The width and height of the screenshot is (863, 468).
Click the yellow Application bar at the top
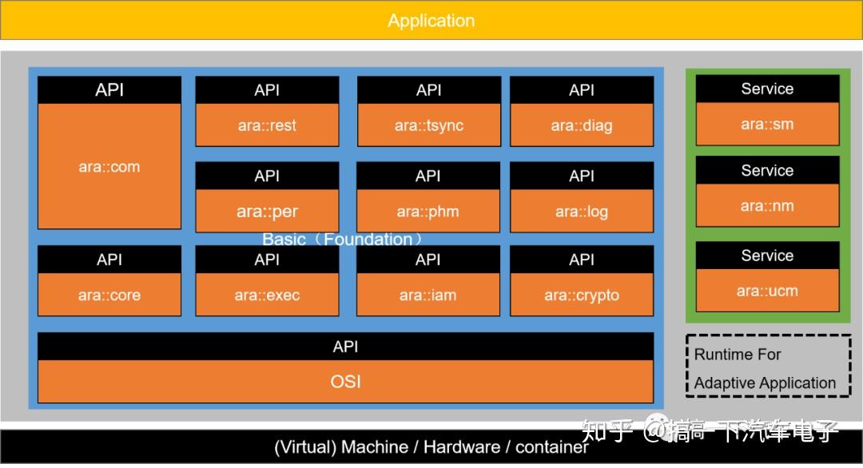click(431, 20)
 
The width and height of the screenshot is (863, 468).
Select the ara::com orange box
click(109, 166)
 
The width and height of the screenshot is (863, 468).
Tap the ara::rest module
click(267, 125)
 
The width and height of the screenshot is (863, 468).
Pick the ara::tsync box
click(429, 125)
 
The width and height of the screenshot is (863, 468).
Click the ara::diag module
click(582, 125)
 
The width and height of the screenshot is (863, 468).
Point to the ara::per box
click(267, 212)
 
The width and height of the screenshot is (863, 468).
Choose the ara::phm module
click(428, 212)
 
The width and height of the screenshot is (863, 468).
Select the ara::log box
click(582, 212)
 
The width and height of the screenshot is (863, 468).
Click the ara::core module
click(109, 295)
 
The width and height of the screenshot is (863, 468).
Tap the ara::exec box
click(267, 295)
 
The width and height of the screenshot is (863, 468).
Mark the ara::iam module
click(428, 295)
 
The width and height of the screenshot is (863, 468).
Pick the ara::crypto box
click(582, 295)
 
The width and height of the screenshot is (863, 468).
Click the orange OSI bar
click(345, 382)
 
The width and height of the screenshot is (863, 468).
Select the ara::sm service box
click(767, 125)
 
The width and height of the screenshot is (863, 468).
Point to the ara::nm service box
click(767, 206)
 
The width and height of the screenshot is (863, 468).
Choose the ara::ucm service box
click(767, 291)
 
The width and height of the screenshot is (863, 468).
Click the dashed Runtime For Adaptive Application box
click(767, 368)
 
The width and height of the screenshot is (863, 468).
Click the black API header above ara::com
click(109, 90)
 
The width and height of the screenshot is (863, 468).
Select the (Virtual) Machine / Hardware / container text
click(431, 447)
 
